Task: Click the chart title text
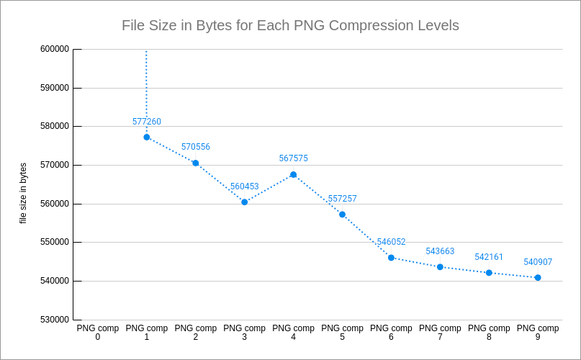pos(290,26)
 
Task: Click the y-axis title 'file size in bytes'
pos(23,193)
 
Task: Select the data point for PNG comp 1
pos(147,137)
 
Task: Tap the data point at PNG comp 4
pos(293,174)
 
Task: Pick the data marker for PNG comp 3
pos(245,202)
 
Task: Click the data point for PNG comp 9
pos(538,277)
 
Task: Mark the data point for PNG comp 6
pos(391,257)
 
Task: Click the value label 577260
pos(147,122)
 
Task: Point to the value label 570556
pos(196,147)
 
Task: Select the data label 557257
pos(343,199)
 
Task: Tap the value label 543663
pos(440,251)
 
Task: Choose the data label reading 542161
pos(489,257)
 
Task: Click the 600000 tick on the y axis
pos(55,49)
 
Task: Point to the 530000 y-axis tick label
pos(55,320)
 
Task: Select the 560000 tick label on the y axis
pos(55,204)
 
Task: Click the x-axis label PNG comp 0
pos(98,332)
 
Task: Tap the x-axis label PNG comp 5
pos(342,332)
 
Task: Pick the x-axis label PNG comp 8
pos(489,332)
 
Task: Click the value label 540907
pos(538,262)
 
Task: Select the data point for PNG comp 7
pos(440,266)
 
